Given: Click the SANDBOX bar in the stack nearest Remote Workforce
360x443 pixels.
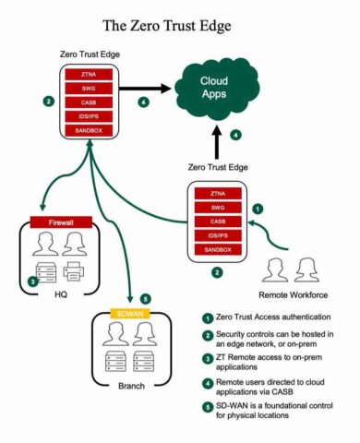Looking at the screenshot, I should click(217, 250).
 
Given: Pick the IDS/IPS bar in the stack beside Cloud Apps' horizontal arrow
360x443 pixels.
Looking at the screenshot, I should click(90, 116).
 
